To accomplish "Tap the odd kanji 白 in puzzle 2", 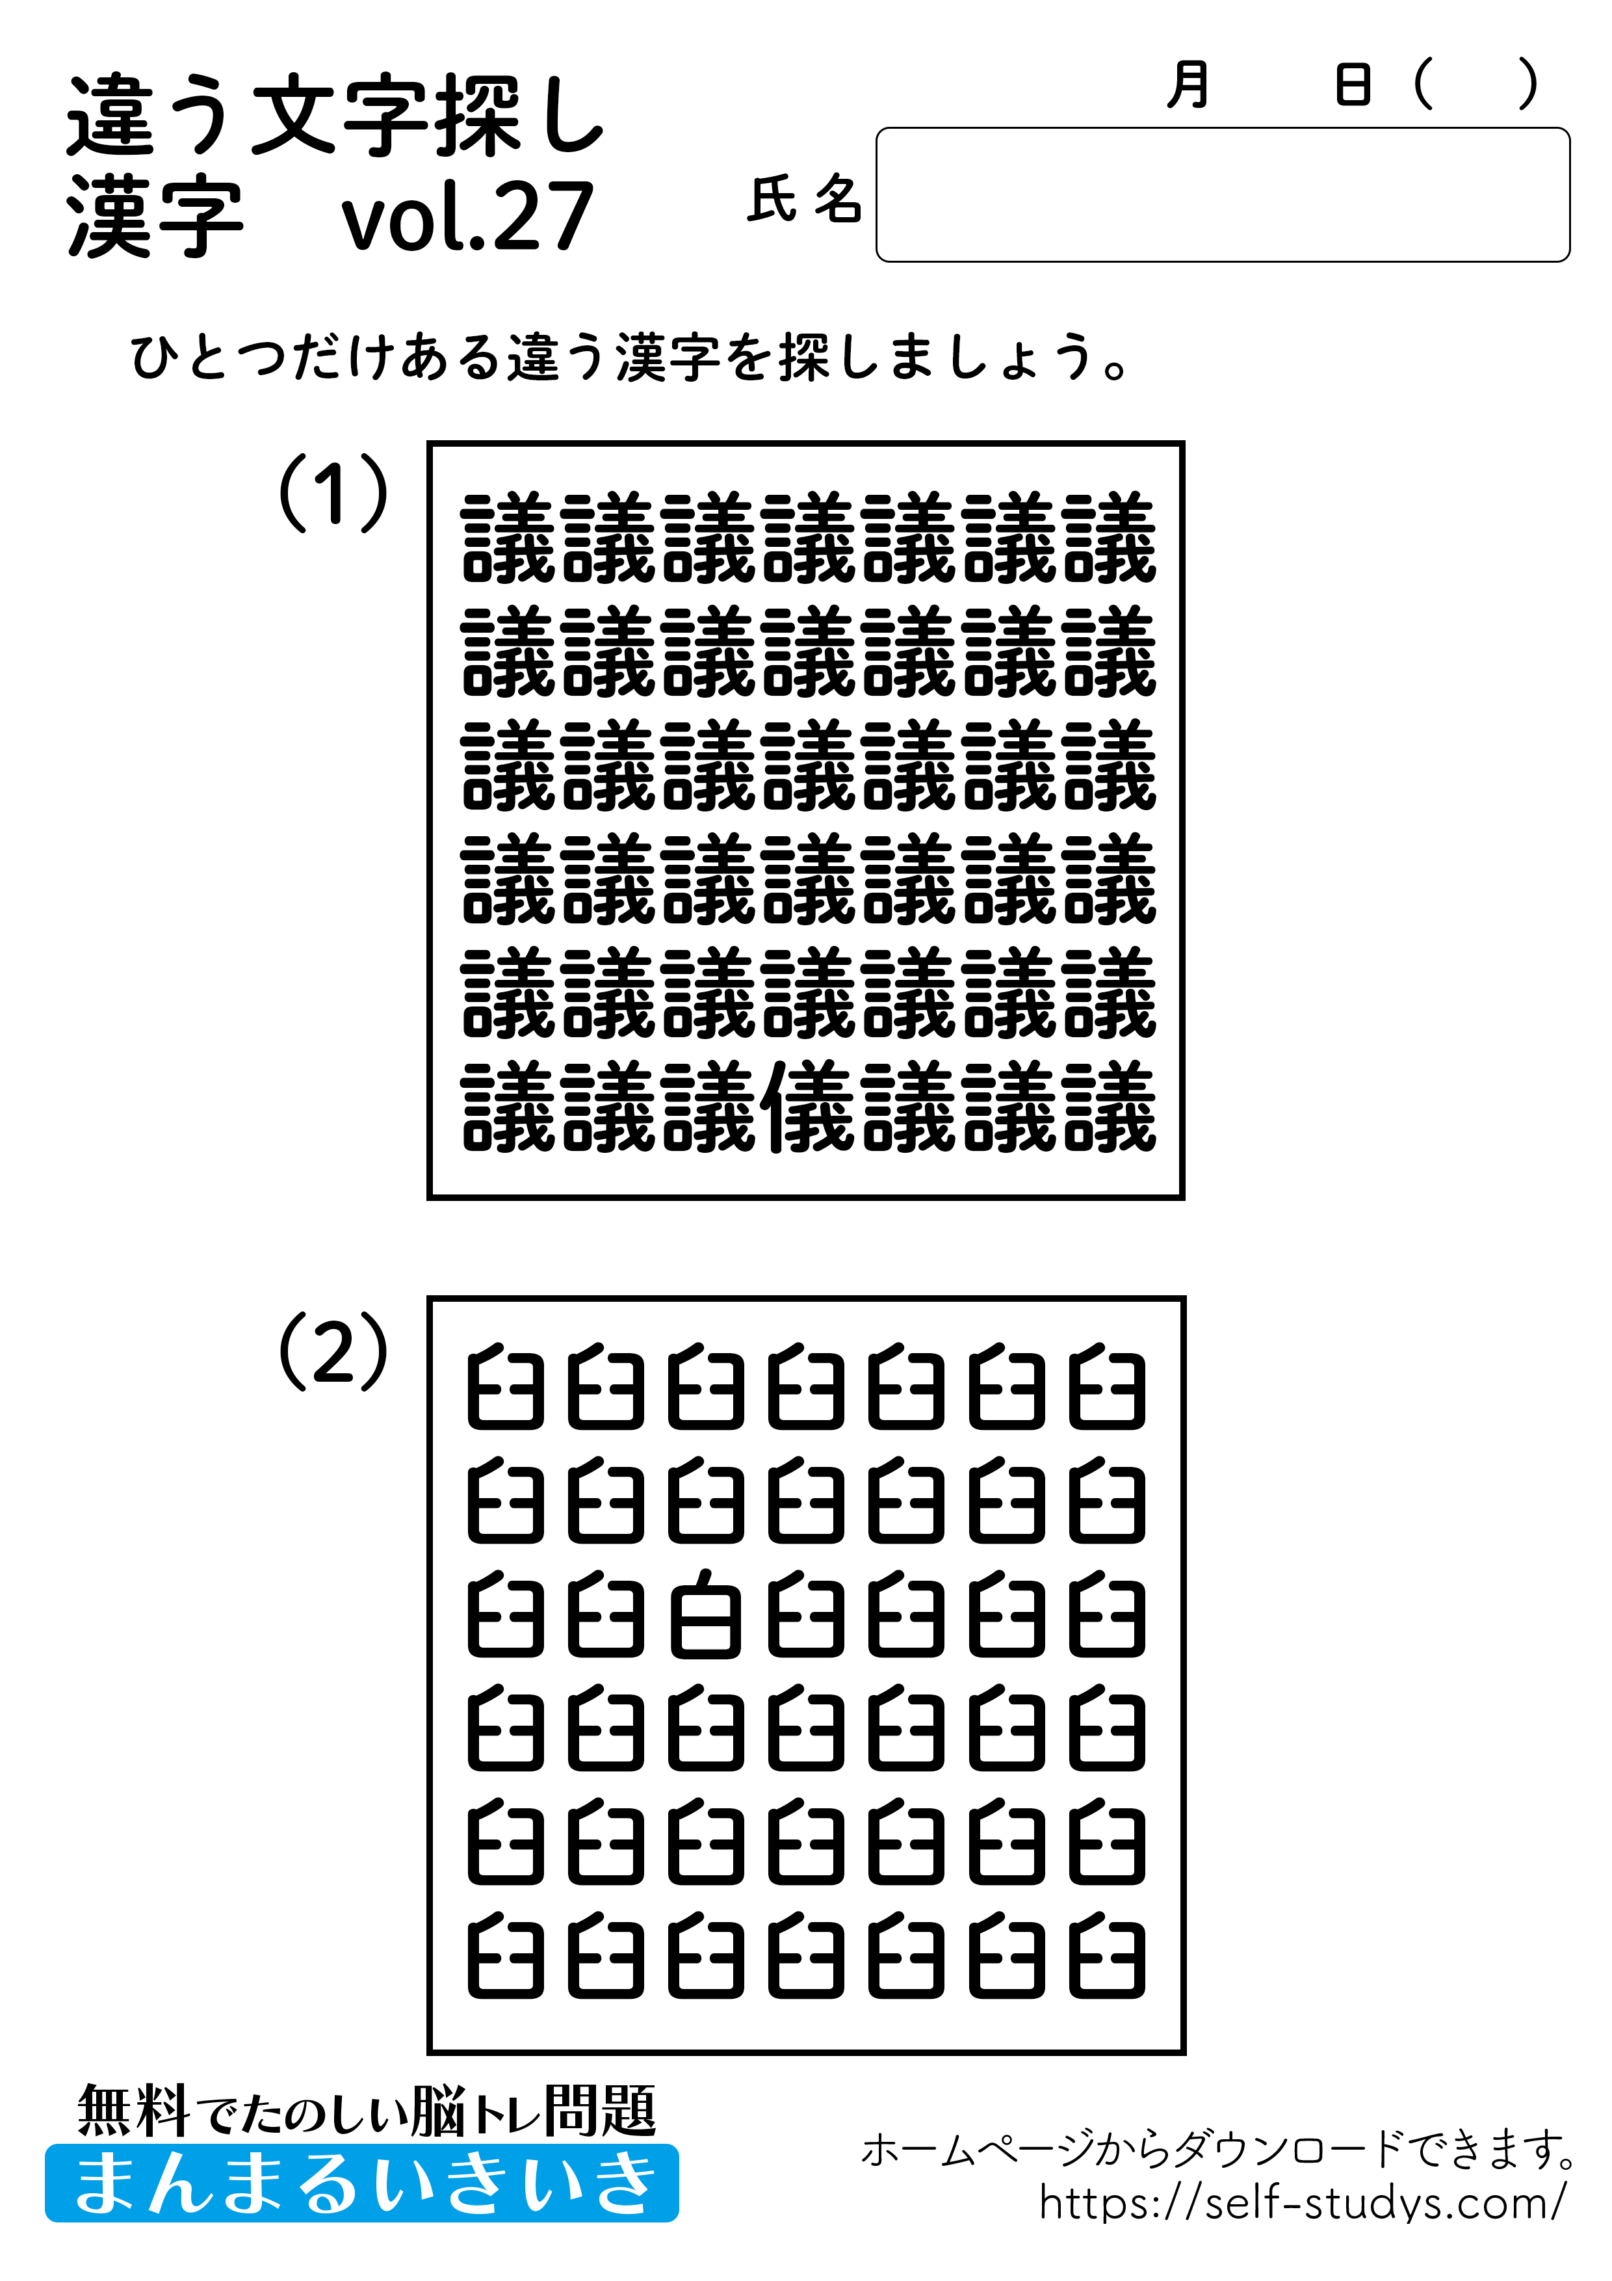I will pos(706,1615).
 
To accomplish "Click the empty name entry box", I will pos(1221,194).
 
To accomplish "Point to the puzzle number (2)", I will pos(333,1351).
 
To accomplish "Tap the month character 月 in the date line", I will pos(1189,85).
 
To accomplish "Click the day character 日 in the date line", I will pos(1353,85).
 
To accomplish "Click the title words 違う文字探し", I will pos(335,117).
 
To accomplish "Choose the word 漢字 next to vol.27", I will pos(155,217).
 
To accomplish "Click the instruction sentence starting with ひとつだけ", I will pos(630,358).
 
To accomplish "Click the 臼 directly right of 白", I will pos(807,1615).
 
